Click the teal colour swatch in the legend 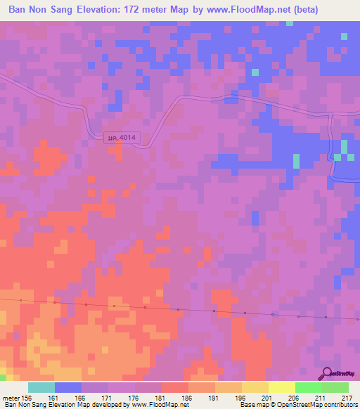click(41, 387)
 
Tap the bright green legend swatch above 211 click(308, 387)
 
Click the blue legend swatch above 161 click(67, 387)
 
